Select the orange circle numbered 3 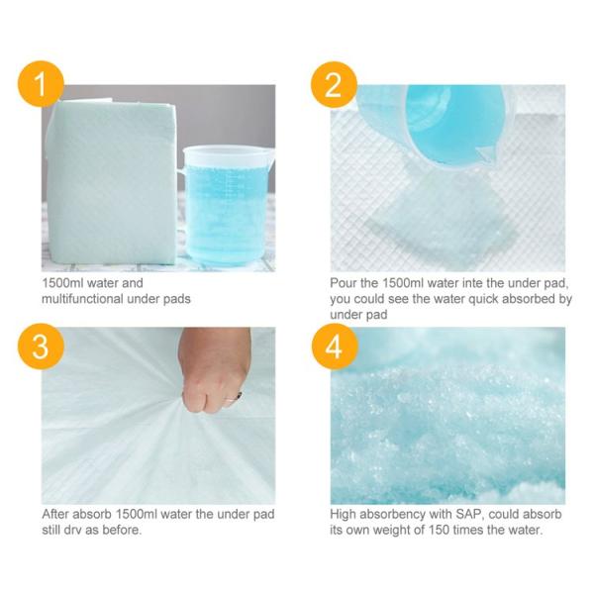41,348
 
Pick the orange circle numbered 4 334,348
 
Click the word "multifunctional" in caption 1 78,299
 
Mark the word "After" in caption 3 56,515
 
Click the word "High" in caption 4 344,515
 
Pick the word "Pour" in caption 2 344,283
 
